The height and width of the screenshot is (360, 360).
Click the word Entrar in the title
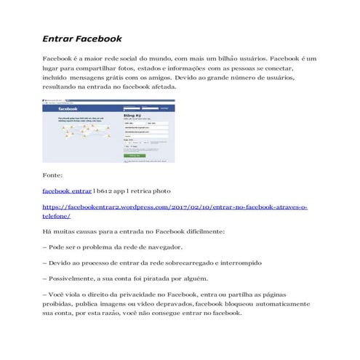pyautogui.click(x=60, y=38)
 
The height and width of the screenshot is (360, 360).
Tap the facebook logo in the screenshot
pyautogui.click(x=68, y=108)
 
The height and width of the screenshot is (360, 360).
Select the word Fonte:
pyautogui.click(x=53, y=176)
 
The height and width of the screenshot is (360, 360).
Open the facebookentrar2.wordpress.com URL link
pyautogui.click(x=175, y=207)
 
